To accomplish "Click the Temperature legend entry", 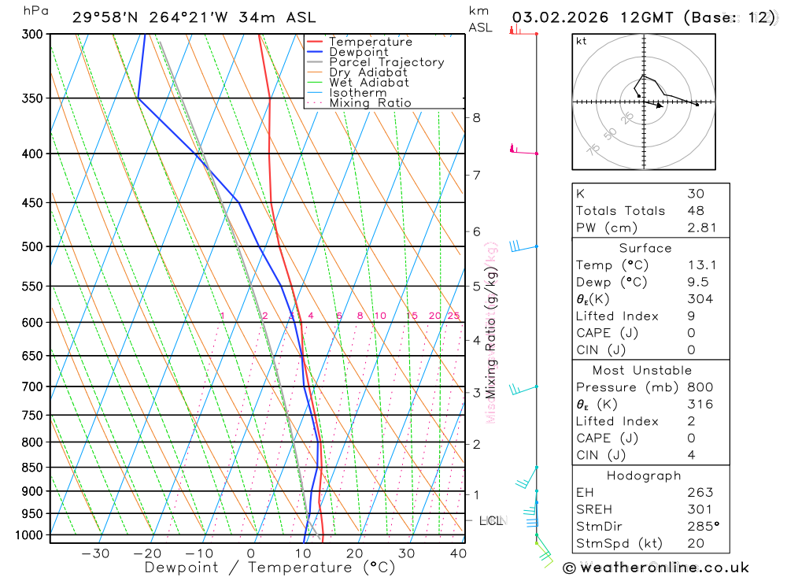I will tap(370, 42).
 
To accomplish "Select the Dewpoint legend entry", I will tap(358, 52).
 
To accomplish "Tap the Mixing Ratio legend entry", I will tap(370, 102).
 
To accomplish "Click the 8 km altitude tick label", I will tap(476, 118).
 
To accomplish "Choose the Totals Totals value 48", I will tap(695, 210).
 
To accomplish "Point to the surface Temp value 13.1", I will tap(701, 265).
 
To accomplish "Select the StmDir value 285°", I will tap(703, 527).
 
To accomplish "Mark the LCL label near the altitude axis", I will tap(491, 520).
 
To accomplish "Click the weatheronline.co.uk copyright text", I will tap(656, 568).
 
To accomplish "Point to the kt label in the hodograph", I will tap(582, 41).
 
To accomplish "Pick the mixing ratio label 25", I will tap(453, 316).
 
